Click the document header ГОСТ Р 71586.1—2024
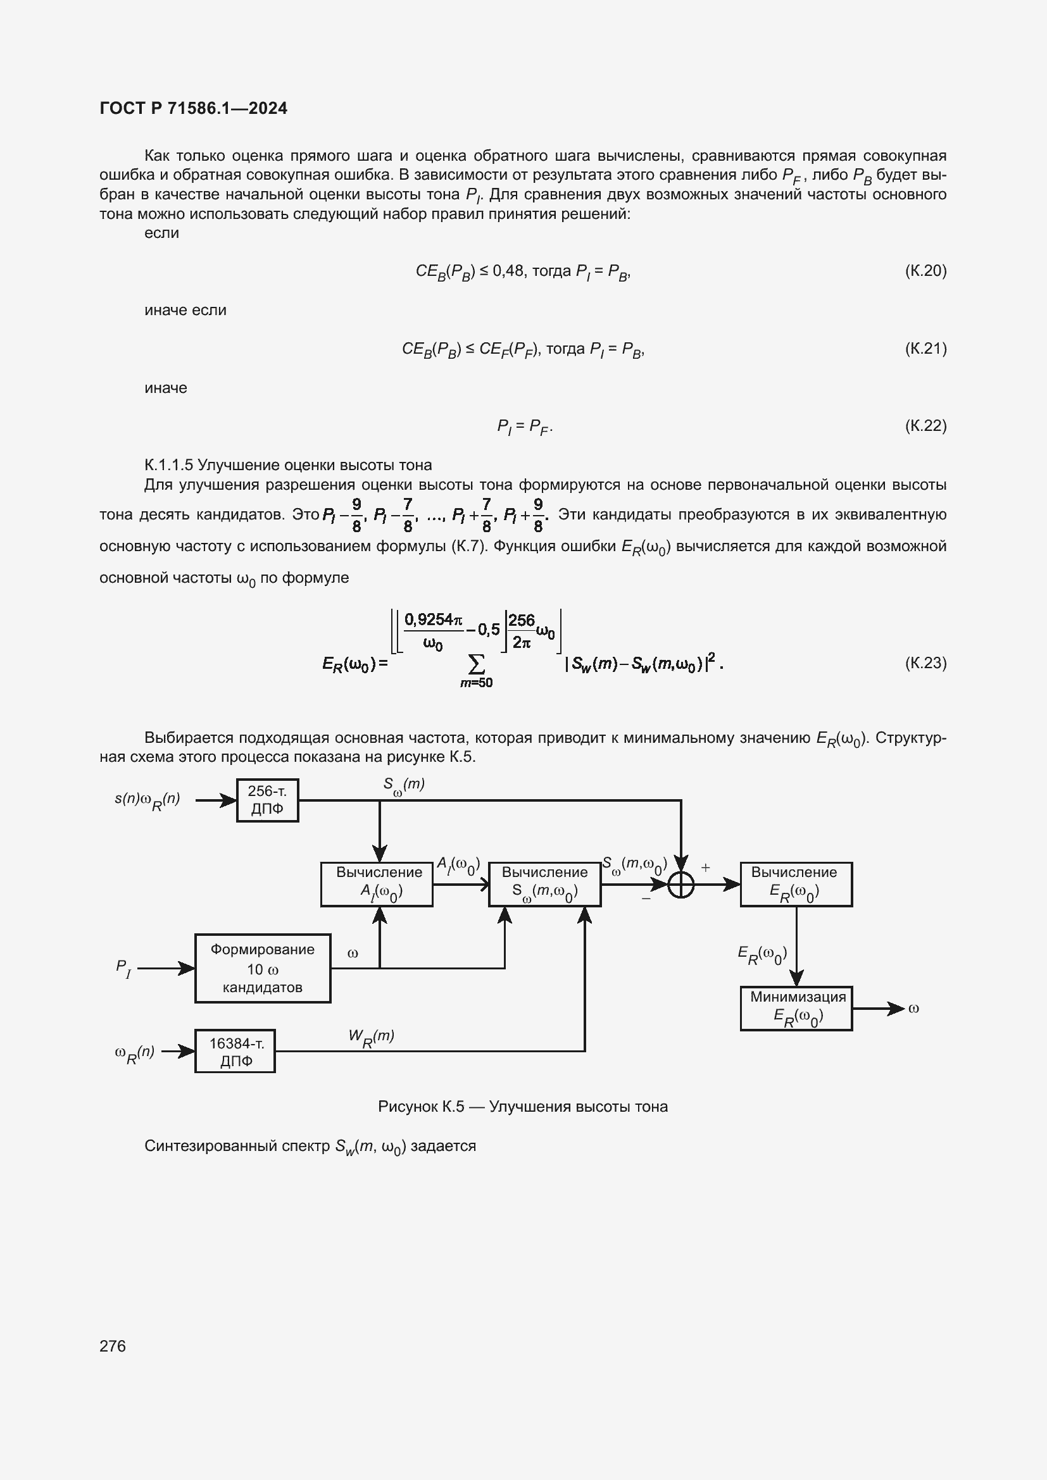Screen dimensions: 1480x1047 click(194, 108)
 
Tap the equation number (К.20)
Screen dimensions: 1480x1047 click(925, 271)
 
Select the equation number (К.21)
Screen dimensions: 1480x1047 click(925, 349)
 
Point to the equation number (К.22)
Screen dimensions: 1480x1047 click(925, 426)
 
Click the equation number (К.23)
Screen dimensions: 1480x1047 click(925, 662)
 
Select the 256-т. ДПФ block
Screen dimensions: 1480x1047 click(267, 800)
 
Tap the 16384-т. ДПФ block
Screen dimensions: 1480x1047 click(235, 1052)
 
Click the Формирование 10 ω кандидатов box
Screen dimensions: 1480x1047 click(263, 968)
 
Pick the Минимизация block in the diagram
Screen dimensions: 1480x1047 click(796, 1008)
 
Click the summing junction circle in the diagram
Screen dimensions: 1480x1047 click(681, 885)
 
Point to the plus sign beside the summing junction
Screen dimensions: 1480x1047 click(705, 867)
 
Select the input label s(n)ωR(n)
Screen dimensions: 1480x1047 click(147, 800)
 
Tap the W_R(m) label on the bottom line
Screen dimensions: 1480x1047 click(371, 1036)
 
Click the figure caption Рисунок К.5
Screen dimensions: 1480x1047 click(522, 1107)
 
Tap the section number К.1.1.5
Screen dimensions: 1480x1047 click(168, 466)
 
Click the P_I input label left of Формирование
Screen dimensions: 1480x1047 click(123, 968)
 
